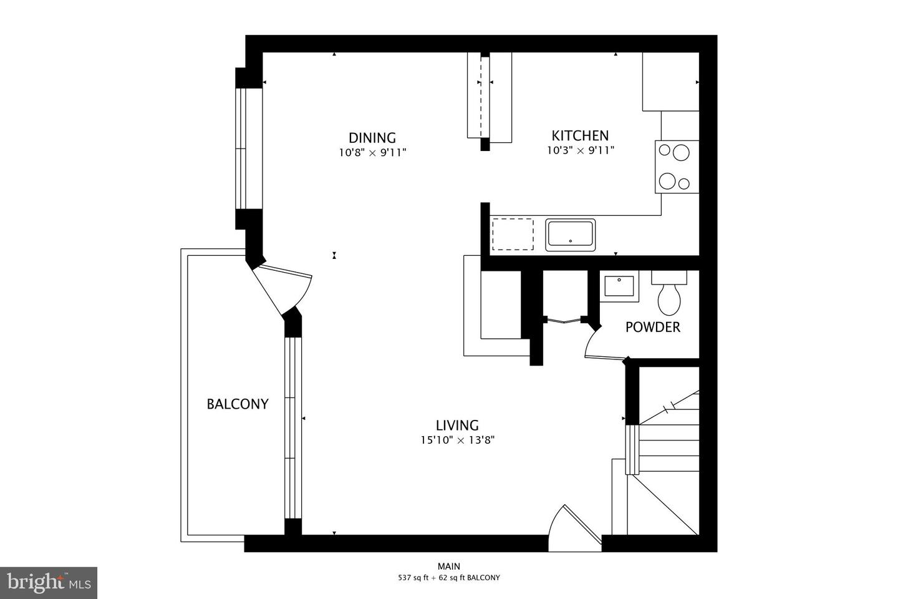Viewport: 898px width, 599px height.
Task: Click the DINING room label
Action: [x=372, y=138]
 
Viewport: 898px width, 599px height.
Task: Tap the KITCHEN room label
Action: [x=580, y=135]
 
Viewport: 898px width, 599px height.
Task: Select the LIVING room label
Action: [x=457, y=426]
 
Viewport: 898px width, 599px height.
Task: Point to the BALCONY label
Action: [x=238, y=404]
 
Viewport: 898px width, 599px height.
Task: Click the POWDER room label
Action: [x=652, y=328]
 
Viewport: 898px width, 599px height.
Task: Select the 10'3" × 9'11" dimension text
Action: [x=580, y=150]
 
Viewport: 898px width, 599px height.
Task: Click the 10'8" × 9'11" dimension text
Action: [x=372, y=152]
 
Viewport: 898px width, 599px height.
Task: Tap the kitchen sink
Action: [x=571, y=235]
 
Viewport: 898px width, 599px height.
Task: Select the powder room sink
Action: [x=619, y=286]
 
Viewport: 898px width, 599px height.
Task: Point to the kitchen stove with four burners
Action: [x=676, y=167]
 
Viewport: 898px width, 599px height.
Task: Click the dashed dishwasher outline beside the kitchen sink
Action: [x=513, y=234]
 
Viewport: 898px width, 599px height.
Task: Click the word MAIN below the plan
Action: [x=449, y=567]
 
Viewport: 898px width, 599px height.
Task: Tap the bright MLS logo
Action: [x=48, y=583]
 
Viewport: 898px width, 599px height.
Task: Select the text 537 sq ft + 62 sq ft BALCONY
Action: [x=449, y=578]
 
